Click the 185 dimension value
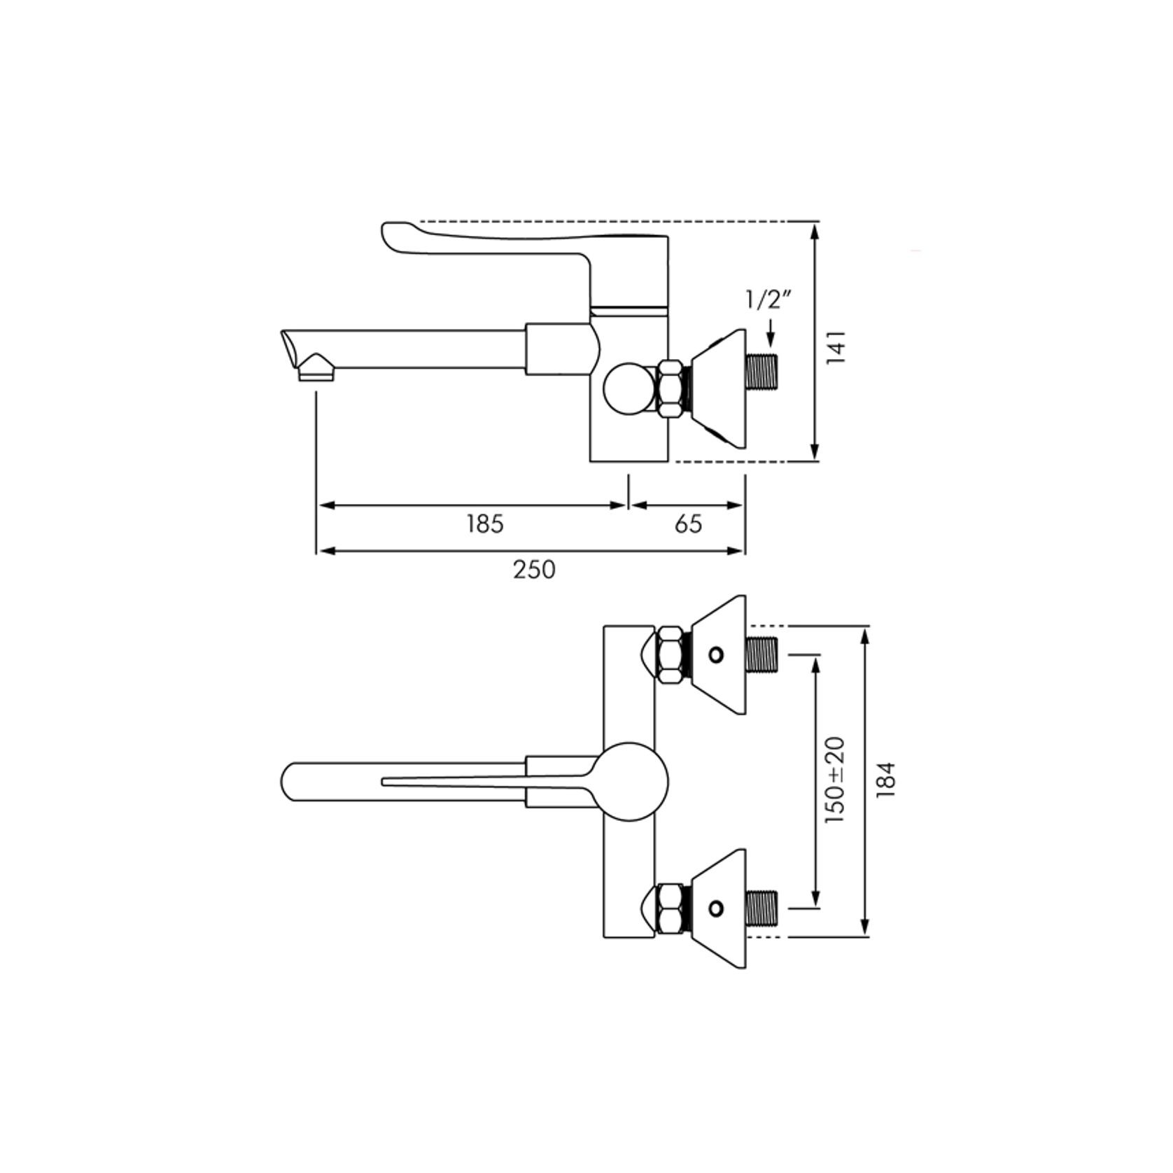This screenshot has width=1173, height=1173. (x=485, y=524)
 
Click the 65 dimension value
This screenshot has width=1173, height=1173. (x=688, y=524)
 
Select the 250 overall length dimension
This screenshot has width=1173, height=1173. (x=534, y=569)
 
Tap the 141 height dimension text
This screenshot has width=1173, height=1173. (x=836, y=346)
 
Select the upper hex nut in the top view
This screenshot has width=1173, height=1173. (x=671, y=654)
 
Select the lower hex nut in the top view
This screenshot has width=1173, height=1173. (x=671, y=908)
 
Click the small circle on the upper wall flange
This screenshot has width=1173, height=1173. (x=715, y=655)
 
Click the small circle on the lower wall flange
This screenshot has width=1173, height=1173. (x=715, y=908)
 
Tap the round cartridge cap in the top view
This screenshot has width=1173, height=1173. (x=631, y=781)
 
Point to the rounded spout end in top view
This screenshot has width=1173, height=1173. (x=294, y=781)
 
